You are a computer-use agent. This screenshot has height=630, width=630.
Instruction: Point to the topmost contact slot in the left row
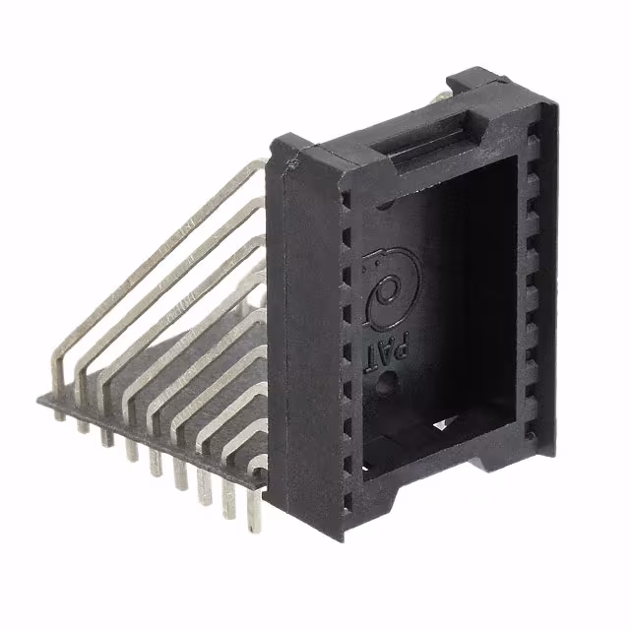346,198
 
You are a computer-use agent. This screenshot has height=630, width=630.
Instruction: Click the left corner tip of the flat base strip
41,398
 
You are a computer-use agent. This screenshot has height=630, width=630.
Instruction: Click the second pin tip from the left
84,427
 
